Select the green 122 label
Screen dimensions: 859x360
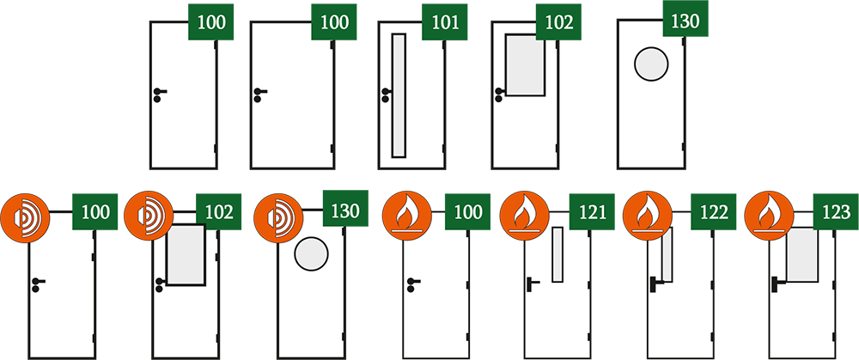tap(713, 211)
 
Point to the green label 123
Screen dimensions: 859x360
tap(836, 211)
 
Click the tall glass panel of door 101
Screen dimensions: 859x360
tap(399, 95)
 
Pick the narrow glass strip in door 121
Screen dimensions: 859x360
tap(557, 254)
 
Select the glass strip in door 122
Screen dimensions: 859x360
tap(667, 254)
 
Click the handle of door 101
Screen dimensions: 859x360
tap(387, 95)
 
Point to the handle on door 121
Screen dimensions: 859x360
tap(532, 284)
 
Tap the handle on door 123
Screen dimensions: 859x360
tap(777, 284)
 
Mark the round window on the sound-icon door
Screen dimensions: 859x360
tap(311, 254)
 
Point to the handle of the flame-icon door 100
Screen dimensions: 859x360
tap(412, 284)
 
